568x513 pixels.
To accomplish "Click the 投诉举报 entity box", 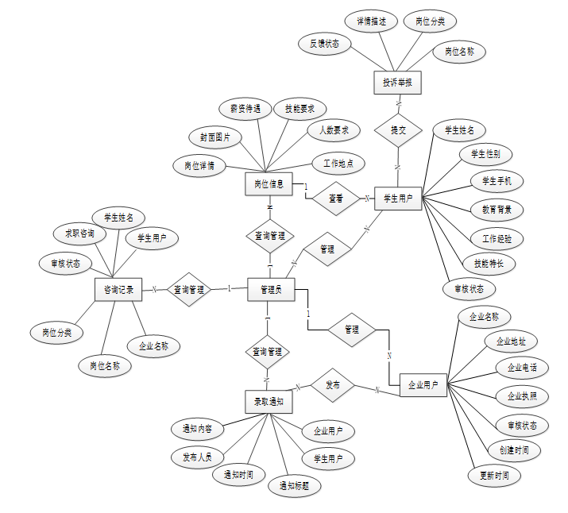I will [x=396, y=82].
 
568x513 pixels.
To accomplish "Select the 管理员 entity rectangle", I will [x=272, y=291].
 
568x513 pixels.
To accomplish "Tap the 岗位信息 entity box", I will [x=269, y=184].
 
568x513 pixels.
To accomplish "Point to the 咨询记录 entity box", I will [x=118, y=291].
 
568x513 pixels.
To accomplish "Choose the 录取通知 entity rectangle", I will [x=269, y=402].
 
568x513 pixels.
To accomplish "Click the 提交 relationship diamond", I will [x=398, y=129].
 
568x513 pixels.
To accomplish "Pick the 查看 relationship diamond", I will [x=336, y=199].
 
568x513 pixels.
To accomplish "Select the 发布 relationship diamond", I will [x=333, y=384].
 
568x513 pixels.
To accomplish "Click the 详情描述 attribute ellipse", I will [x=371, y=21].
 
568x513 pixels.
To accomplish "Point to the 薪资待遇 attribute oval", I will [x=240, y=109].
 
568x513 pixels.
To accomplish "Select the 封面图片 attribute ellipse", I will [x=215, y=137].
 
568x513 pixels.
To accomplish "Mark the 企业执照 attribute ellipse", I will [x=516, y=395].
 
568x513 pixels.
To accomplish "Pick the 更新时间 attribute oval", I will [x=494, y=476].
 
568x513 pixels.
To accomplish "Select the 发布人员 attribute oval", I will [x=198, y=457].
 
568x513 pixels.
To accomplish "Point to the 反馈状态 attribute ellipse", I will [x=325, y=44].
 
